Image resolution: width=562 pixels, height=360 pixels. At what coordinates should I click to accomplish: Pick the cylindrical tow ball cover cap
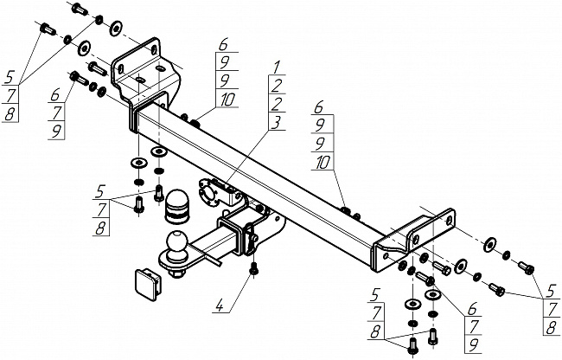(x=176, y=204)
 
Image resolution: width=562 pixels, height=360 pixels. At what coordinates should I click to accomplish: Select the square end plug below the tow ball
(x=144, y=280)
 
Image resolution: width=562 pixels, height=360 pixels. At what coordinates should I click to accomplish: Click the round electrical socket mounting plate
(x=209, y=192)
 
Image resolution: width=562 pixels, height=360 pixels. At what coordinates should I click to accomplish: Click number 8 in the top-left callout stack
(x=10, y=114)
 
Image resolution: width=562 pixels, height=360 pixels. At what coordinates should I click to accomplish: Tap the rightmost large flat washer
(x=489, y=241)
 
